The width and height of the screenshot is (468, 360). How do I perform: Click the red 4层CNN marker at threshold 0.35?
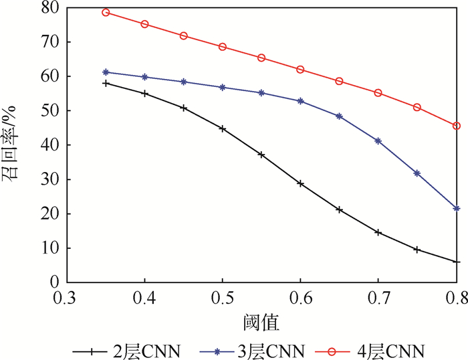point(106,13)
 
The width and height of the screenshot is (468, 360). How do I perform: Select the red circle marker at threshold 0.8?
point(457,126)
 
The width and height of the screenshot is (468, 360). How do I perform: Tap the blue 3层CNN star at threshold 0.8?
point(457,209)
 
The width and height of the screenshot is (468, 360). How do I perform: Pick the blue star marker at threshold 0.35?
point(106,72)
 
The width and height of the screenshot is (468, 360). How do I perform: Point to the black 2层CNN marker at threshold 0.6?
point(301,183)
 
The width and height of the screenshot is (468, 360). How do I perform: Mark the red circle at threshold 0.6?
point(301,70)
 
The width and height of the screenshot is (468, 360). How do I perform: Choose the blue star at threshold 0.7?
point(378,141)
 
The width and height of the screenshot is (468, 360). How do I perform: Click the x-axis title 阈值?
point(262,323)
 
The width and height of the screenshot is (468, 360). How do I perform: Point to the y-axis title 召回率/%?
point(15,144)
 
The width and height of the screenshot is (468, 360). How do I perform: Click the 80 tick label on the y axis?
point(50,8)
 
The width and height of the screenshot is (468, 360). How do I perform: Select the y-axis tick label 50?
point(50,111)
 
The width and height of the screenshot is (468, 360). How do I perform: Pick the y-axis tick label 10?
point(50,248)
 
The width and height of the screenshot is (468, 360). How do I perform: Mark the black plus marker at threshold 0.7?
point(378,233)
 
